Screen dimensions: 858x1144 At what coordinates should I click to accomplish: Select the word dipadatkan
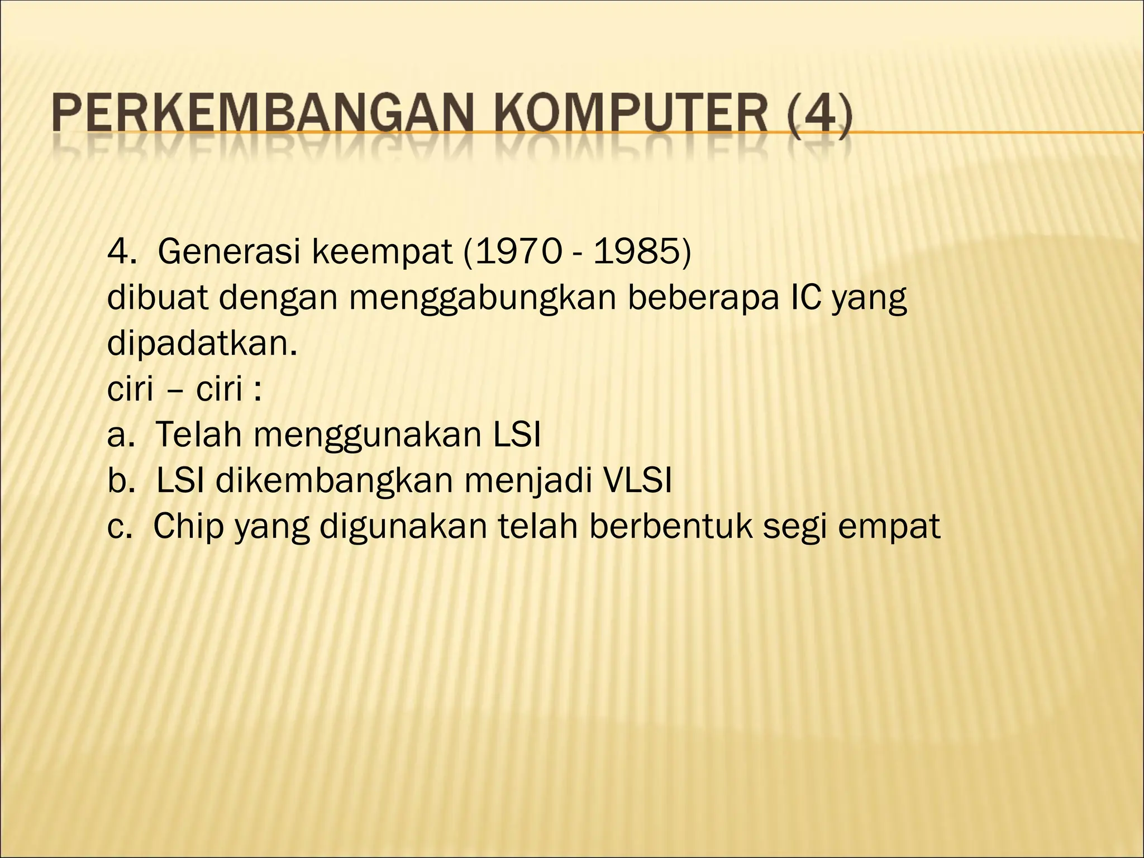click(x=202, y=344)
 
